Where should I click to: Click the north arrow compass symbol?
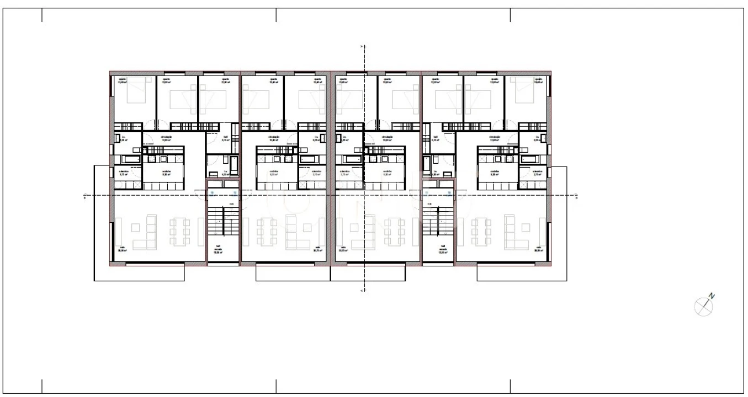[702, 307]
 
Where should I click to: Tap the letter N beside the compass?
[712, 296]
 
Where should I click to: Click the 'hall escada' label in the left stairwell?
[218, 248]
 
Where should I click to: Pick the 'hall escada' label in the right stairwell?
[443, 248]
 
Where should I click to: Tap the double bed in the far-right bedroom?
[523, 90]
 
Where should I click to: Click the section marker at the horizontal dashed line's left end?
[84, 195]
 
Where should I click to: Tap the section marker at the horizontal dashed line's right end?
[576, 195]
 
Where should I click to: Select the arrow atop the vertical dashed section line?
[362, 46]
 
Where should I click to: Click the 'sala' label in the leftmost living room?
[122, 248]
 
